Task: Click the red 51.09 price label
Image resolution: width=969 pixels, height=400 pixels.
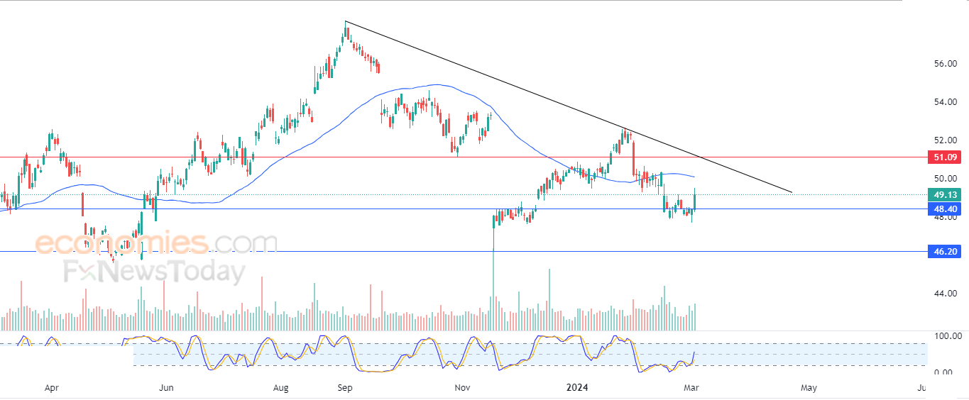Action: tap(944, 157)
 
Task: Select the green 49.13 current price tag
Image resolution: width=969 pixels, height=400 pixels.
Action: tap(944, 195)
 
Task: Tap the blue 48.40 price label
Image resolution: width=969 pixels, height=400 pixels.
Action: tap(944, 209)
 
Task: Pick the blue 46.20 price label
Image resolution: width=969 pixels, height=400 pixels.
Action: tap(944, 251)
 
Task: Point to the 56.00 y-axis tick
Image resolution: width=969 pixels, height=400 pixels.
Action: tap(946, 64)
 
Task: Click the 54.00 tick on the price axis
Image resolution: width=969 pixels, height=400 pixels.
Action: tap(946, 102)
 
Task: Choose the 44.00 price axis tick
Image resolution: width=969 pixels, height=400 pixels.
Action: tap(946, 294)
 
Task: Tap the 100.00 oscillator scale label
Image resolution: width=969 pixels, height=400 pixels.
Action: tap(948, 336)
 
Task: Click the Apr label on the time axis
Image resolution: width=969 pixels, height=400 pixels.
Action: tap(52, 388)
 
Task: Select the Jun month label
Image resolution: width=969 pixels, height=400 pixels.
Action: tap(166, 388)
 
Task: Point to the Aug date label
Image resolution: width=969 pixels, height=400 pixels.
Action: tap(280, 388)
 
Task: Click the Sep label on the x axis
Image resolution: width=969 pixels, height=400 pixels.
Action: tap(345, 388)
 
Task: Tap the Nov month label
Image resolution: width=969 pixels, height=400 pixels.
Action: tap(462, 388)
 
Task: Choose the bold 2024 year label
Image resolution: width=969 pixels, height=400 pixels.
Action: tap(578, 387)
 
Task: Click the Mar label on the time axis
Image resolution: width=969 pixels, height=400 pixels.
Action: tap(691, 388)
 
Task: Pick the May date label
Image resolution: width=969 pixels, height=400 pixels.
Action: tap(809, 388)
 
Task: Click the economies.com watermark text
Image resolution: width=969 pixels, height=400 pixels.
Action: tap(156, 243)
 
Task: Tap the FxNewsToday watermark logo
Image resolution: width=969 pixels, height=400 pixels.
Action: tap(155, 271)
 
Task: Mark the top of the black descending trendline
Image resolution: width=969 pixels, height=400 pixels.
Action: tap(345, 21)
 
